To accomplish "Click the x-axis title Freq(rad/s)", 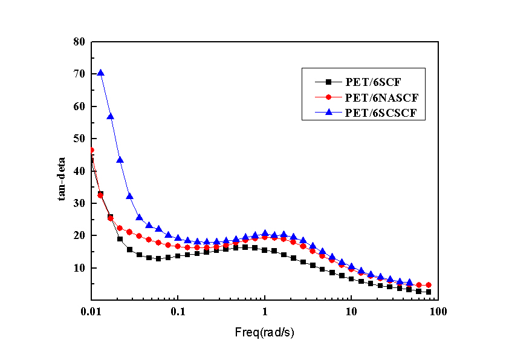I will (x=265, y=332).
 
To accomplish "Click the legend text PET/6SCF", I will (x=369, y=82).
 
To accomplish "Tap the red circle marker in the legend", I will (x=329, y=97).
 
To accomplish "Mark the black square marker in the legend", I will (x=329, y=82).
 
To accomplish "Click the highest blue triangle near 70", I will (x=101, y=73).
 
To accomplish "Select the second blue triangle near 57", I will (x=111, y=116).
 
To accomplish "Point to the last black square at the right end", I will (x=428, y=292).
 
